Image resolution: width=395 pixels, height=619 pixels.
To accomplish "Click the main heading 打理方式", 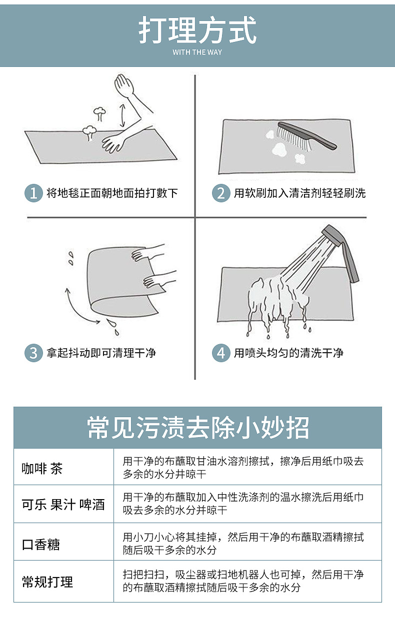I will tap(197, 30).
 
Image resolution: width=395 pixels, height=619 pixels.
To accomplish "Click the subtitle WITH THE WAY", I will tap(197, 52).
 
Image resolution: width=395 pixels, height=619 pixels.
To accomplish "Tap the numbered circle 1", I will tap(33, 193).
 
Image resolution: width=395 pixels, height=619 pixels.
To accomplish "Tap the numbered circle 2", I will tap(221, 193).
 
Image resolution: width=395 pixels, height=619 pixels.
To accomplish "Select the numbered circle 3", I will tap(33, 353).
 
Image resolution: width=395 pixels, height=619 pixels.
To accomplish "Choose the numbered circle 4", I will tap(221, 353).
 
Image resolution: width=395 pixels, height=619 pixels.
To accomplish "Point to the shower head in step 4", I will tap(340, 250).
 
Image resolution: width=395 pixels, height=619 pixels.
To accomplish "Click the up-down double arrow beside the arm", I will tap(121, 116).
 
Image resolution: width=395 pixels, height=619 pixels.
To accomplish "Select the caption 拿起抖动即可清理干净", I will tap(101, 353).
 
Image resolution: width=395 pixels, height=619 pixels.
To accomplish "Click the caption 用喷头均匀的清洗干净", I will tap(288, 353).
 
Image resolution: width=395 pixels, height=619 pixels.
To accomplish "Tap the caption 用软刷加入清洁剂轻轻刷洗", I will tap(299, 193).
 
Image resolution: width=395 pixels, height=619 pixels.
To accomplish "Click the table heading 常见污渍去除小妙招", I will tap(197, 428).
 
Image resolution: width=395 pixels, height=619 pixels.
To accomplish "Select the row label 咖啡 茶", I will tap(42, 468).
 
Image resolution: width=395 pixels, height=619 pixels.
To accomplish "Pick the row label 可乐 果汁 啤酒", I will tap(63, 505).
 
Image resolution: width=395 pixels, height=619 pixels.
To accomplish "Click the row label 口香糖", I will tap(41, 544).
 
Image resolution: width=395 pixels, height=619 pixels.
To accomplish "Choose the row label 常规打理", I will tap(47, 582).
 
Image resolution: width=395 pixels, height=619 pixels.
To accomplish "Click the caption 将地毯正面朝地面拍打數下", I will tap(112, 193).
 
